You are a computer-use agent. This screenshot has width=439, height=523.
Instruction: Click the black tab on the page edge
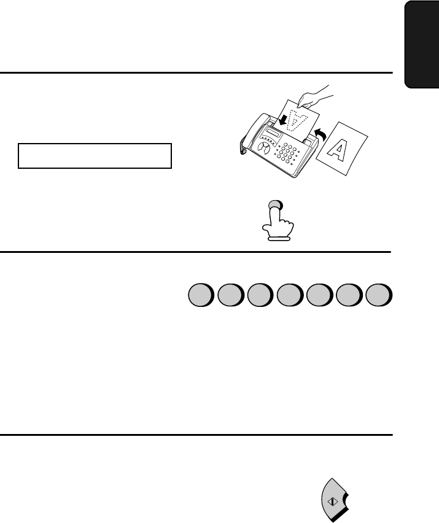coord(422,44)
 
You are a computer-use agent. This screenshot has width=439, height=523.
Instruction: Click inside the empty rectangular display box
coord(95,156)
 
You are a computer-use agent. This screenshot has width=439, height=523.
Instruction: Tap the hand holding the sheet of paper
coord(314,98)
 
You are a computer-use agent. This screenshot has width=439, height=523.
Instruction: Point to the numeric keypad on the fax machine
coord(286,153)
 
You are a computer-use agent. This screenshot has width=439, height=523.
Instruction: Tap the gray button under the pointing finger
coord(276,205)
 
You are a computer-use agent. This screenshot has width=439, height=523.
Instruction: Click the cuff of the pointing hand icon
coord(279,239)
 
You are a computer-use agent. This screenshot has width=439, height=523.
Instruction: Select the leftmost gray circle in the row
coord(201,295)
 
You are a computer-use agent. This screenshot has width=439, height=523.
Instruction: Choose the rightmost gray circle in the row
coord(379,295)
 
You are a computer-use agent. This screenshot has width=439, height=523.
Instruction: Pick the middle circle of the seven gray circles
coord(290,295)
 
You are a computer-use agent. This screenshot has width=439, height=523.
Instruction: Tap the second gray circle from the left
coord(230,295)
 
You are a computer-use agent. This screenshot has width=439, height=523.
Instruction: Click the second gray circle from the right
coord(349,295)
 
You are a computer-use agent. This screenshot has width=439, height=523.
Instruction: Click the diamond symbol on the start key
coord(333,502)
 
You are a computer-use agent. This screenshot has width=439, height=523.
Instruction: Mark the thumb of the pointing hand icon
coord(268,229)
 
